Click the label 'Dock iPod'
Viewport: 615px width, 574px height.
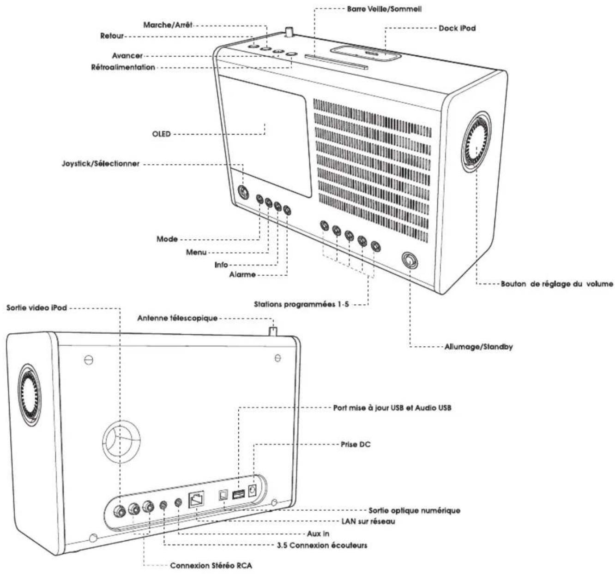coord(457,28)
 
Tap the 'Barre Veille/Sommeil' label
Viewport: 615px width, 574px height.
coord(384,9)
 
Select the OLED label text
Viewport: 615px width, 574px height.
coord(161,134)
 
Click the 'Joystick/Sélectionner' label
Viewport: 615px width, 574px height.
coord(101,164)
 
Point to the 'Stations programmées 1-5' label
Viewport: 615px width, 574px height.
coord(301,304)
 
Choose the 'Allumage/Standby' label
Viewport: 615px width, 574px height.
coord(478,347)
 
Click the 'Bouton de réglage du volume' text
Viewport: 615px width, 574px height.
coord(557,284)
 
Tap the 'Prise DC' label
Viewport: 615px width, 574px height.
coord(356,444)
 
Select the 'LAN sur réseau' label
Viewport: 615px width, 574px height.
coord(368,521)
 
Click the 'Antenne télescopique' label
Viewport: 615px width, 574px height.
coord(177,318)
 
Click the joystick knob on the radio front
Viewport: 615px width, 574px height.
coord(243,192)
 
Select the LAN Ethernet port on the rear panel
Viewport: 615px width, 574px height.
coord(196,499)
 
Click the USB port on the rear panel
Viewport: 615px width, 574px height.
coord(238,495)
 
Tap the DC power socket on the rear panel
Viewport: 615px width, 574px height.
coord(253,490)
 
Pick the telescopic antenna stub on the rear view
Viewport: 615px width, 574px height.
coord(273,330)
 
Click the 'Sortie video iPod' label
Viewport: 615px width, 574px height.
coord(36,308)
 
